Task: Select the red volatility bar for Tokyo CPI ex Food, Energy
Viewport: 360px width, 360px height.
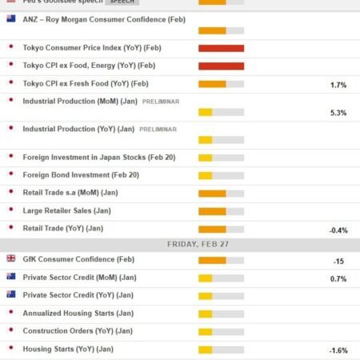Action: point(221,66)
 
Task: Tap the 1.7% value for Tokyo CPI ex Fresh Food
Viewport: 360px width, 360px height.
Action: point(338,84)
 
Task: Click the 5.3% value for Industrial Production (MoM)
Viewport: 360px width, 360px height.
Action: point(338,113)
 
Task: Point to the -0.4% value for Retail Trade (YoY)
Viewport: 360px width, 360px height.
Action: point(338,230)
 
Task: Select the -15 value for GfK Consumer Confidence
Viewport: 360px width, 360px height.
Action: point(338,262)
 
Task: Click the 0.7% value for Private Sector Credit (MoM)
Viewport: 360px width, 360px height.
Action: point(338,278)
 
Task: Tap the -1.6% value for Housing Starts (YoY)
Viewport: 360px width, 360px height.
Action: point(338,350)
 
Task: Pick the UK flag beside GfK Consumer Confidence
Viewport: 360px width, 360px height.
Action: point(10,258)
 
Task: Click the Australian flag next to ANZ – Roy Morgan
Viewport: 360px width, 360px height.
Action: point(10,18)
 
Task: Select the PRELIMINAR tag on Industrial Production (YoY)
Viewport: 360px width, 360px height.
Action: point(158,129)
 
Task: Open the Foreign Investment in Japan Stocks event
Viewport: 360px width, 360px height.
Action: point(92,156)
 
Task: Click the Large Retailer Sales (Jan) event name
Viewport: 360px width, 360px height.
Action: point(66,210)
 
